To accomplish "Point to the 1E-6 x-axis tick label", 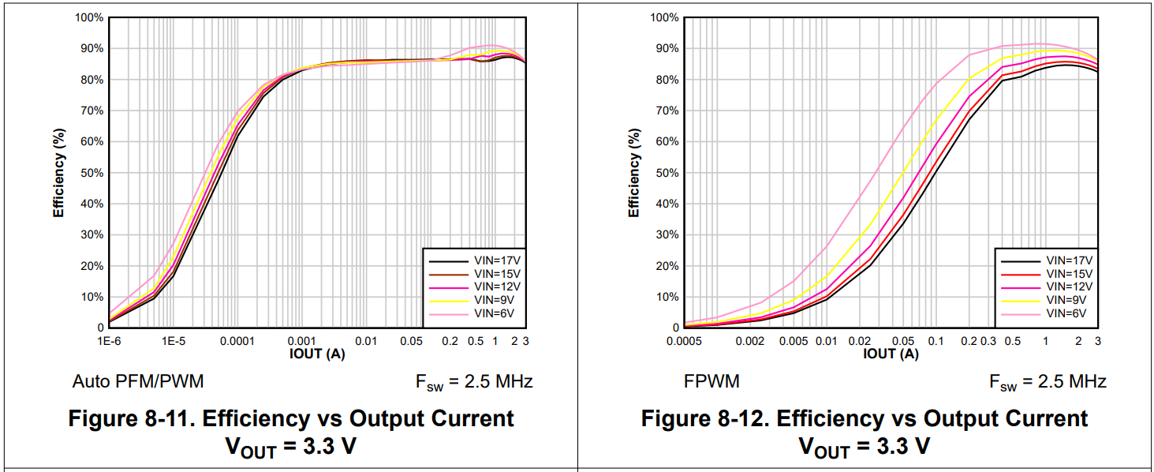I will click(x=108, y=341).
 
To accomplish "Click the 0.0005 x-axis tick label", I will click(x=683, y=341).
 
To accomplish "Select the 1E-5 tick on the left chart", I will click(x=174, y=341).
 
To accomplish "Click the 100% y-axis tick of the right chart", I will click(x=664, y=17).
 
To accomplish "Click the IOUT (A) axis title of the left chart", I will click(x=316, y=354).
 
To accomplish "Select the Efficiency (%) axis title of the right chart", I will click(x=634, y=173).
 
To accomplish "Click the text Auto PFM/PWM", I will click(x=138, y=382).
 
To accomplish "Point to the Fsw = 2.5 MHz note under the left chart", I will click(x=474, y=382).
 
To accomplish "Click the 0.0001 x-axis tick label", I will click(x=237, y=341).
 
